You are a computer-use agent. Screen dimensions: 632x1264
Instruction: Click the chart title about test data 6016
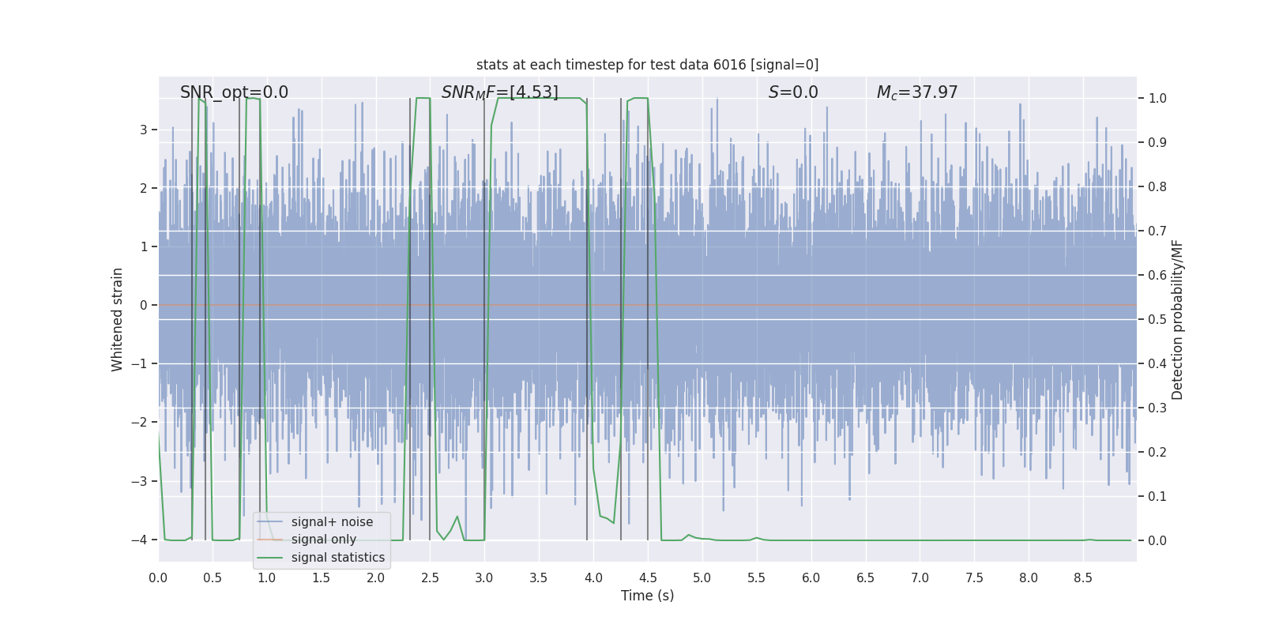pyautogui.click(x=647, y=65)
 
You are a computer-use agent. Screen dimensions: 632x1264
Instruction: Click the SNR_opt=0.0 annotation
pyautogui.click(x=234, y=92)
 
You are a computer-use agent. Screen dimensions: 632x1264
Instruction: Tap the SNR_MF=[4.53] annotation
pyautogui.click(x=499, y=92)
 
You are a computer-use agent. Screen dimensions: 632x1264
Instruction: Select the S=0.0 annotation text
pyautogui.click(x=793, y=92)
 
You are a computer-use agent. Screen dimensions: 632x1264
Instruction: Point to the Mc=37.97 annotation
pyautogui.click(x=917, y=92)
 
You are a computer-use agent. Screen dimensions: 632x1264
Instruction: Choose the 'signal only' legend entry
pyautogui.click(x=323, y=540)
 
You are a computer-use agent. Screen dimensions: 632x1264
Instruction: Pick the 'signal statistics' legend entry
pyautogui.click(x=337, y=558)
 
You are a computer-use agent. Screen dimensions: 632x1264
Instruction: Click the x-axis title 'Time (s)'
pyautogui.click(x=647, y=596)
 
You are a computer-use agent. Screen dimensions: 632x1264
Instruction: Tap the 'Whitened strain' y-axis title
pyautogui.click(x=118, y=319)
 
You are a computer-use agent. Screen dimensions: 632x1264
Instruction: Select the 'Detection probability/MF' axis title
pyautogui.click(x=1177, y=319)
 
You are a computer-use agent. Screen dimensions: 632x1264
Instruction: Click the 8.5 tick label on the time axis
pyautogui.click(x=1083, y=578)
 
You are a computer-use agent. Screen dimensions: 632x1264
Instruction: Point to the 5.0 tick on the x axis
pyautogui.click(x=702, y=578)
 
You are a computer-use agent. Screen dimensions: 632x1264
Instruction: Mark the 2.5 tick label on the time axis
pyautogui.click(x=430, y=578)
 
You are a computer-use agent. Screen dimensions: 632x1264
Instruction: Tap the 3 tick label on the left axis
pyautogui.click(x=144, y=130)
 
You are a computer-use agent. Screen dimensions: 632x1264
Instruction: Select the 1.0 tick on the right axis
pyautogui.click(x=1157, y=99)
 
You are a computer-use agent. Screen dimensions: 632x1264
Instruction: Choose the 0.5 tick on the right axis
pyautogui.click(x=1157, y=320)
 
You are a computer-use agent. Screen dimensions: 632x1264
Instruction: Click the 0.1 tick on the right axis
pyautogui.click(x=1157, y=497)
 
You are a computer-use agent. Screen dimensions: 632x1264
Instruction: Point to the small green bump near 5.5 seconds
pyautogui.click(x=757, y=538)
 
